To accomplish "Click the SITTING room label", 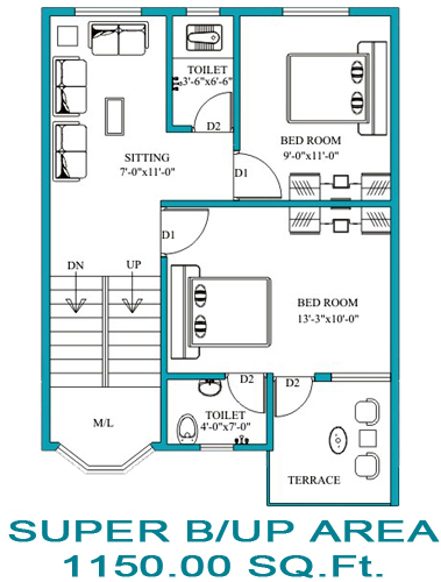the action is point(147,158).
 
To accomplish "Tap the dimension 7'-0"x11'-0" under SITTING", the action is point(147,172).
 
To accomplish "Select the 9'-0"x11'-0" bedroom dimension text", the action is point(311,155).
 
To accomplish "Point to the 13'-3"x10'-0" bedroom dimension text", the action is point(328,318).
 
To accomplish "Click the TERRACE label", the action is point(314,479).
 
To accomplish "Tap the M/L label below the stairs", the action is point(103,423).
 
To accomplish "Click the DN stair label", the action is point(76,265).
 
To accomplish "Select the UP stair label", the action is point(134,264).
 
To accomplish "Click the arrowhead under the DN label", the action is point(76,305).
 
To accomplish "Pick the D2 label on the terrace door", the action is point(292,383).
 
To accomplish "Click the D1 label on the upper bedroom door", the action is point(241,173).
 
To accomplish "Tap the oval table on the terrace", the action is point(338,440).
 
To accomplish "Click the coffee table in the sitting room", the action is point(115,116).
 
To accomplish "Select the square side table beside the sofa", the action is point(68,36).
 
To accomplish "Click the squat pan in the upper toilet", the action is point(204,38).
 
